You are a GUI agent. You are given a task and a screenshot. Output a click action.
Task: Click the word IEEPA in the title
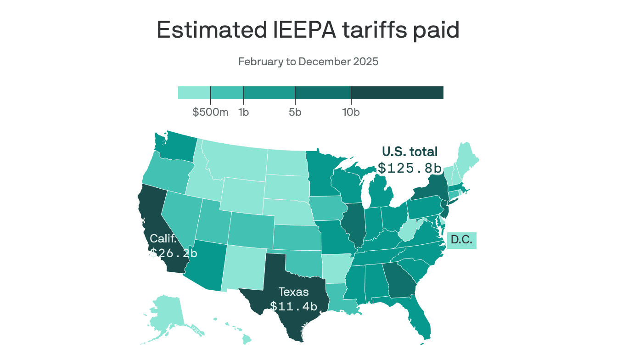point(302,30)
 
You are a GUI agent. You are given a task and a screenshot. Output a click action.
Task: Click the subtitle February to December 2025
point(308,62)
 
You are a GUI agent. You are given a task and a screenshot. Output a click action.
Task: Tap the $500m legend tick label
point(210,112)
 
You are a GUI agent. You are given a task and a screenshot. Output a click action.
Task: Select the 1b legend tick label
point(243,112)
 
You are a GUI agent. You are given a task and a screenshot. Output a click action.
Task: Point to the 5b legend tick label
point(295,112)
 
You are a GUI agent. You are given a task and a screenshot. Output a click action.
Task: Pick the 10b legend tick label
point(351,112)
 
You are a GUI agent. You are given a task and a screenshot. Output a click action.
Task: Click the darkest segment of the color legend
point(397,93)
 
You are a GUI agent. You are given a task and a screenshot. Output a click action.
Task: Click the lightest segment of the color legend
point(194,93)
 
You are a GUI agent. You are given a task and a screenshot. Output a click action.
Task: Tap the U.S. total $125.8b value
point(409,168)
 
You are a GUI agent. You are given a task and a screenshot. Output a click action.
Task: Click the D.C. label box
point(461,240)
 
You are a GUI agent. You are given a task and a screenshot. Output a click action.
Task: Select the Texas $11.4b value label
point(294,306)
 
